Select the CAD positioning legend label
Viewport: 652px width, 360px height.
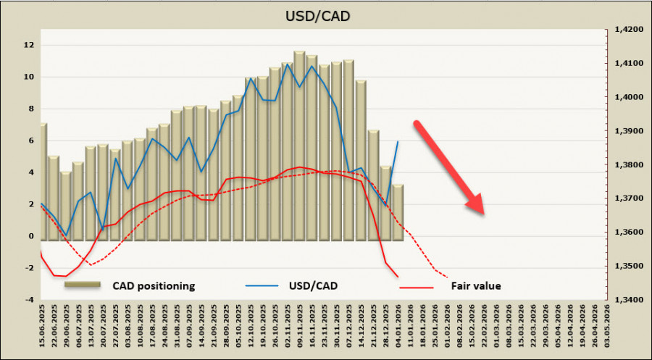tap(154, 285)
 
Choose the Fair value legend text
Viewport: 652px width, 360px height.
tap(476, 285)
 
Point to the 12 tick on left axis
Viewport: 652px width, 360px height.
tap(29, 45)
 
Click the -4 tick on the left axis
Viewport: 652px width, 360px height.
tap(29, 299)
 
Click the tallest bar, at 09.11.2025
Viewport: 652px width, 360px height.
tap(299, 145)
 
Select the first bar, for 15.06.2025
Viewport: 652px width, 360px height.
tap(43, 181)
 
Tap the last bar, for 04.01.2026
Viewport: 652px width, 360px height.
tap(398, 211)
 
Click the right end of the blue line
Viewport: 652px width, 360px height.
tap(398, 141)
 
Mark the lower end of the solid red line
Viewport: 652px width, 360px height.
tap(397, 276)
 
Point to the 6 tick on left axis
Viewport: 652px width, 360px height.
tap(29, 141)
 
